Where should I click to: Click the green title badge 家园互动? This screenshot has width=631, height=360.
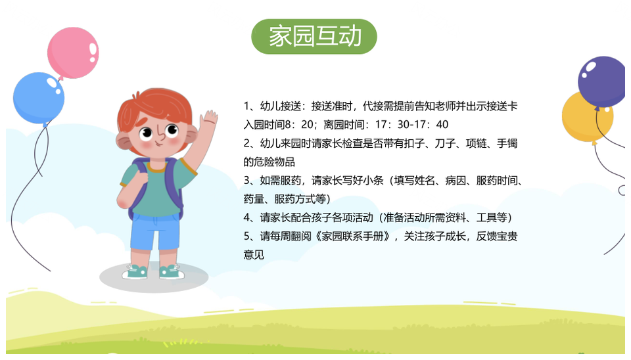[314, 37]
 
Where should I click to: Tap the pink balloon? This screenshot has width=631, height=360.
[73, 53]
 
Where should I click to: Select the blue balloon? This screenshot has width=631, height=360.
[39, 98]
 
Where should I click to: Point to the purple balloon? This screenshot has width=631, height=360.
[602, 81]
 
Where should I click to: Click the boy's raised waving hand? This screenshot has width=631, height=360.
[208, 120]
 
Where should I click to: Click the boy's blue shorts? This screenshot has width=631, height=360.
[155, 231]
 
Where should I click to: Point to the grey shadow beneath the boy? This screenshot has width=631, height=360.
[154, 277]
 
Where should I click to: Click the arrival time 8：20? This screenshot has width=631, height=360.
[300, 125]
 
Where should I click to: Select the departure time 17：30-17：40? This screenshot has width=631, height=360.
[411, 125]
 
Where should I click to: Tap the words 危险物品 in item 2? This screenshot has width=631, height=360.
[274, 162]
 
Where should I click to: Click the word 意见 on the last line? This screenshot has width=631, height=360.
[254, 255]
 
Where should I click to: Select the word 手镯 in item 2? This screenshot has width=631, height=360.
[507, 143]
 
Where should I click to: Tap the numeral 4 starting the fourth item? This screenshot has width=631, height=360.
[246, 218]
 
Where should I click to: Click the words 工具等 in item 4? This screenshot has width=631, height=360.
[492, 217]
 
